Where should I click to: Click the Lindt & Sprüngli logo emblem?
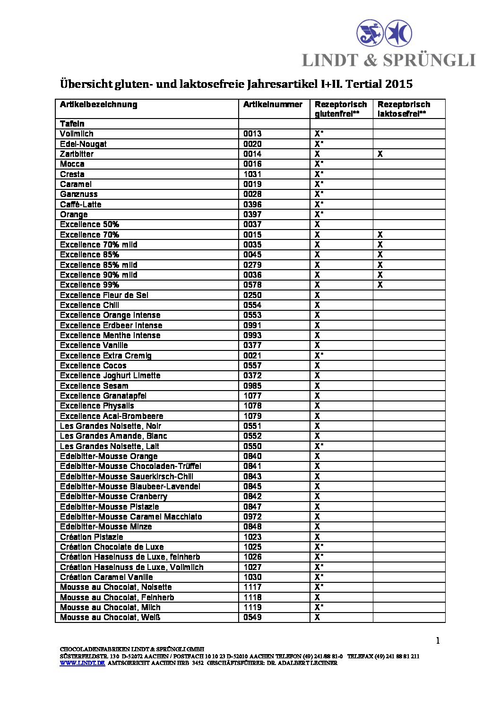click(384, 33)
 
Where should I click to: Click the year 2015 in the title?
click(399, 84)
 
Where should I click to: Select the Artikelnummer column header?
click(273, 104)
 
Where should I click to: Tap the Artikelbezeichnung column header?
click(98, 104)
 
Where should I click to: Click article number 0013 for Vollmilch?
click(252, 134)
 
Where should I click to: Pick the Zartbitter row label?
click(77, 154)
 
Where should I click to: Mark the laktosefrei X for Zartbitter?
click(380, 154)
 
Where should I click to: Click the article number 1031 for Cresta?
click(252, 174)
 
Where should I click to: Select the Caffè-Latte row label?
click(80, 204)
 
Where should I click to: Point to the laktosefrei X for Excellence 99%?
click(380, 285)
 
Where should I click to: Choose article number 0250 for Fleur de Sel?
click(252, 295)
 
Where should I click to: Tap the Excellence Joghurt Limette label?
click(110, 375)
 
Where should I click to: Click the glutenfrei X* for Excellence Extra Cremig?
click(319, 356)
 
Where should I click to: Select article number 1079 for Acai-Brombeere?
click(252, 416)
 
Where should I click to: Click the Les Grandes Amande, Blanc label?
click(113, 436)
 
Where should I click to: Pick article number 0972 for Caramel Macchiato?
click(252, 517)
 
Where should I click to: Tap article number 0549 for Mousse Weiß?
click(252, 617)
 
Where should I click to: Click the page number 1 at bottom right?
click(438, 641)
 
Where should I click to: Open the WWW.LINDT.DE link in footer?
click(82, 663)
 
